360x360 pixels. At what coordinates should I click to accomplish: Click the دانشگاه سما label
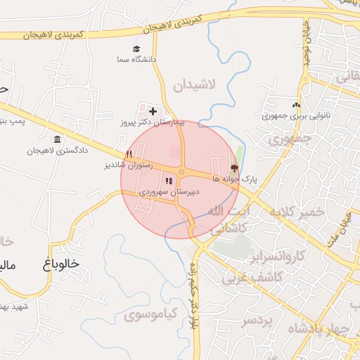pos(138,60)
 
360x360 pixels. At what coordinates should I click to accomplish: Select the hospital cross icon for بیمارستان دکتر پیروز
pos(153,111)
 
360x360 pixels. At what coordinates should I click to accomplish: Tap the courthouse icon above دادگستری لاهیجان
pos(56,139)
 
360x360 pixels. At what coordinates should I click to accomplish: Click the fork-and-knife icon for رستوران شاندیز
pos(128,155)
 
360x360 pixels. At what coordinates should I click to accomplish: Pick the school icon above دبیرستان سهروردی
pos(168,181)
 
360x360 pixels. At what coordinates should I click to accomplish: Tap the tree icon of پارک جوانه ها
pos(233,168)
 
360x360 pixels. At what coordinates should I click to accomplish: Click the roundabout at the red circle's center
pos(181,172)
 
